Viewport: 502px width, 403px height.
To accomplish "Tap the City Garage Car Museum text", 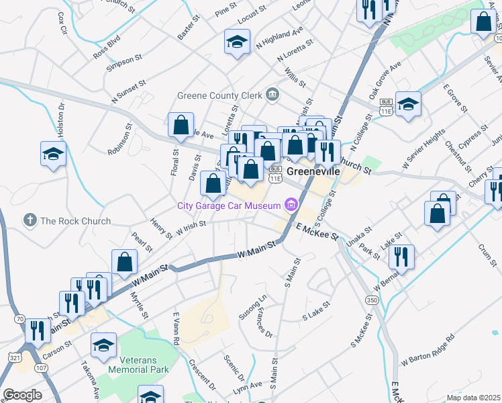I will tap(229, 205).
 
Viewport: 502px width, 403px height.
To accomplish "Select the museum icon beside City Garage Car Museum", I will tap(291, 204).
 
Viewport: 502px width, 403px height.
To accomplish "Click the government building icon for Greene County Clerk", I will tap(272, 95).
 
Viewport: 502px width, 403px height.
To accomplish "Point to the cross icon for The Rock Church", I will tap(29, 220).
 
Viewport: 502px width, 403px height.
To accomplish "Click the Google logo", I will tap(22, 395).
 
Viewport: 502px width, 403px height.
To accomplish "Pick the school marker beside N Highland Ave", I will tap(237, 42).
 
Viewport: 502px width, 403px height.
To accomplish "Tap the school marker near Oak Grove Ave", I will tap(408, 104).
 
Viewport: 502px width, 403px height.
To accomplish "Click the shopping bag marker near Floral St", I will tap(181, 125).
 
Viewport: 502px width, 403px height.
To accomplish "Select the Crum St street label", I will tap(485, 255).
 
